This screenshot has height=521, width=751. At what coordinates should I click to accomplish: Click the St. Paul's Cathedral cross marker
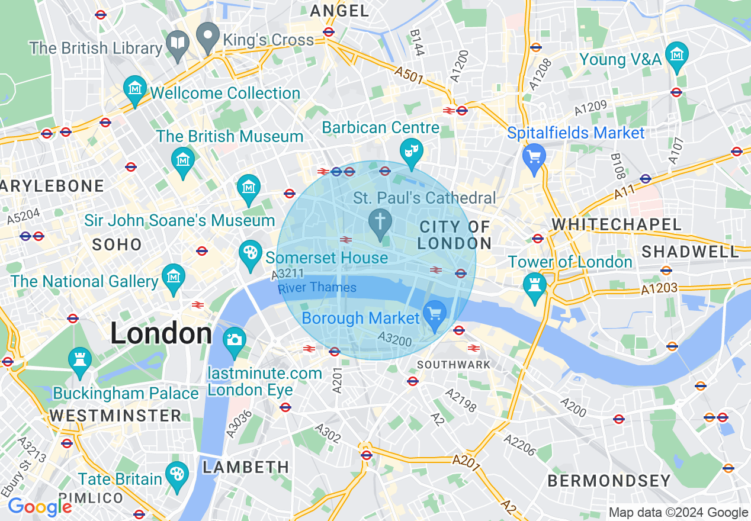tap(380, 222)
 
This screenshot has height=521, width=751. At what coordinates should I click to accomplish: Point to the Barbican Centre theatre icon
tap(410, 150)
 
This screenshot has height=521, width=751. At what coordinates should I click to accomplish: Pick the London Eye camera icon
tap(235, 339)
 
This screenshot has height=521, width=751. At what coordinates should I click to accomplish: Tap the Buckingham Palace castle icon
tap(79, 359)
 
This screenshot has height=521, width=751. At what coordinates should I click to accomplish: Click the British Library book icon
tap(178, 43)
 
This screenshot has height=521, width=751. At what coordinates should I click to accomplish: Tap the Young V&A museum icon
tap(676, 54)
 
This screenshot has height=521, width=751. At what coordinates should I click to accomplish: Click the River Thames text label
tap(317, 288)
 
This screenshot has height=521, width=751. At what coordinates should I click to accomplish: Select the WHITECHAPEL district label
tap(617, 224)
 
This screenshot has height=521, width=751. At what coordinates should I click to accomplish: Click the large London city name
tap(161, 334)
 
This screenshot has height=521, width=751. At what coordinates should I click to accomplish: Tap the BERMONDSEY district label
tap(609, 481)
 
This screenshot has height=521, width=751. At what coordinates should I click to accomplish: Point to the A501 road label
tap(409, 75)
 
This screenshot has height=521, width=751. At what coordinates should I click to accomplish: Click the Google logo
tap(39, 507)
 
